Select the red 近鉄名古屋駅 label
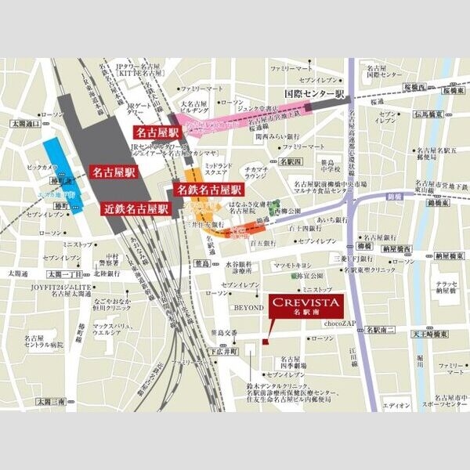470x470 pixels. pyautogui.click(x=136, y=209)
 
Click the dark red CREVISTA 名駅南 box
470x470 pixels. pyautogui.click(x=302, y=307)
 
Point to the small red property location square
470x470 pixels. pyautogui.click(x=265, y=342)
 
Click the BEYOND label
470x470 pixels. pyautogui.click(x=247, y=308)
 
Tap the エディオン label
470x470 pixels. pyautogui.click(x=399, y=405)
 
